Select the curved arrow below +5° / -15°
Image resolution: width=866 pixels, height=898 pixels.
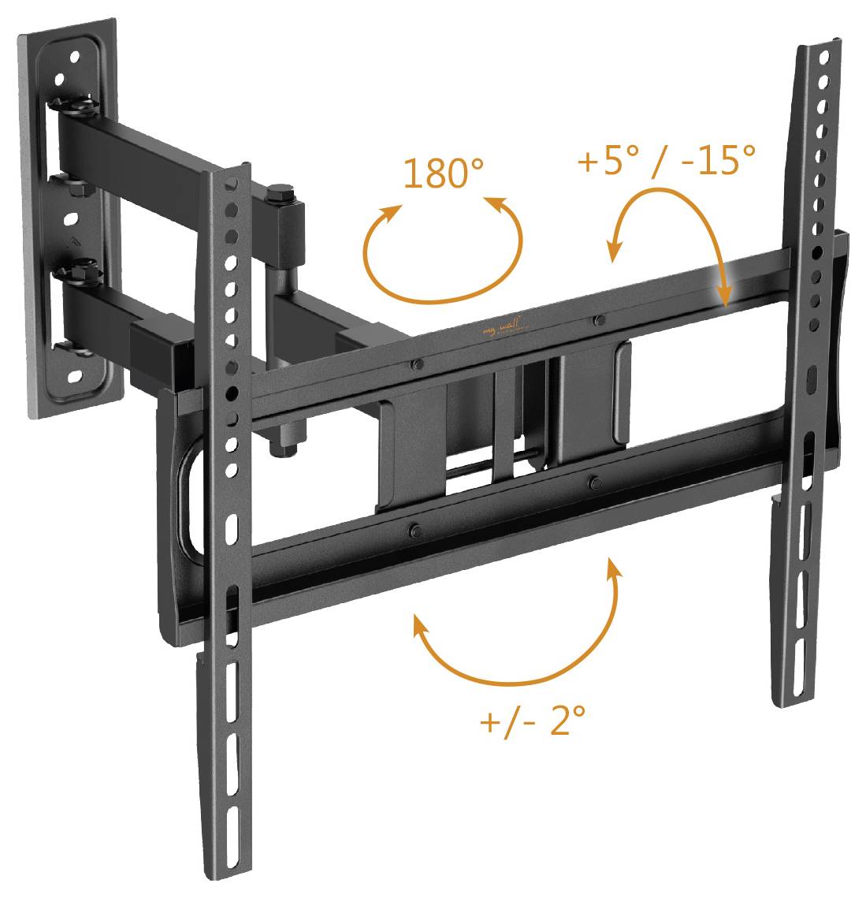point(670,237)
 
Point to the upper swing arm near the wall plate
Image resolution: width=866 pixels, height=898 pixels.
point(134,150)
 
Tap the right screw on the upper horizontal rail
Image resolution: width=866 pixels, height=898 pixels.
point(599,320)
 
